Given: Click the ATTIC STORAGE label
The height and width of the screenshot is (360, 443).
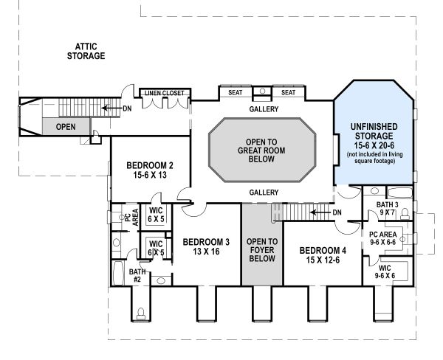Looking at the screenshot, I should [86, 51].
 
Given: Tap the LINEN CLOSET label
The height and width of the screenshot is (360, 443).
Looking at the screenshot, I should [163, 93].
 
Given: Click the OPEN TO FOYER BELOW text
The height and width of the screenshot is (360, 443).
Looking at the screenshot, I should [261, 249].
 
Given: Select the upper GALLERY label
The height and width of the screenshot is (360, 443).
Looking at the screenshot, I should [264, 109].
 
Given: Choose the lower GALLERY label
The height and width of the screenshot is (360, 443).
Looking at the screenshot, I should [264, 193].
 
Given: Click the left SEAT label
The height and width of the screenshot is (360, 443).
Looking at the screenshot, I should [236, 93].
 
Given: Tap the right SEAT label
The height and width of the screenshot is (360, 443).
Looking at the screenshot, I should [288, 93].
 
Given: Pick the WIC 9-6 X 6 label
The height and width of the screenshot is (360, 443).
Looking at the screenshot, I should [384, 271].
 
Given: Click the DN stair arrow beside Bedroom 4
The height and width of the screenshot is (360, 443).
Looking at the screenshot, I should [325, 212].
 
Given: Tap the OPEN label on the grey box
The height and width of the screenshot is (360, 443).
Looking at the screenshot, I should [66, 127].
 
